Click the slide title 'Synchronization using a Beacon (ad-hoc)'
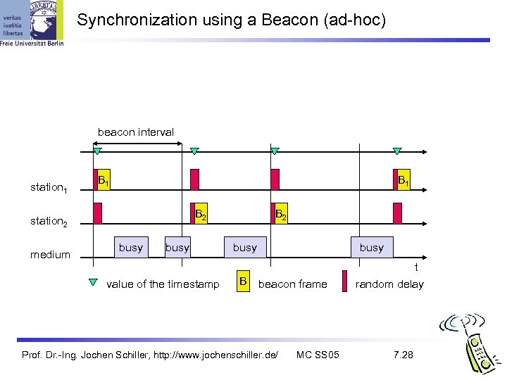click(x=232, y=20)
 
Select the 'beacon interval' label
click(x=136, y=132)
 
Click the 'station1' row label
click(x=49, y=188)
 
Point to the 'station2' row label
click(x=49, y=222)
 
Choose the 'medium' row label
click(x=50, y=255)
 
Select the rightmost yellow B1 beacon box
click(x=402, y=180)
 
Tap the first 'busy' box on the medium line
click(x=131, y=247)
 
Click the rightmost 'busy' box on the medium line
click(x=372, y=247)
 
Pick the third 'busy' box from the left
click(x=244, y=247)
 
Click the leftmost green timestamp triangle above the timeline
click(x=98, y=151)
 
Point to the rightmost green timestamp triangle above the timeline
click(x=397, y=151)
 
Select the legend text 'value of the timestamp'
click(x=163, y=284)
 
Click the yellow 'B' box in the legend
click(x=243, y=283)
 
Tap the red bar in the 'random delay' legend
click(x=344, y=281)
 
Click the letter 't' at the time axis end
click(x=416, y=267)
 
